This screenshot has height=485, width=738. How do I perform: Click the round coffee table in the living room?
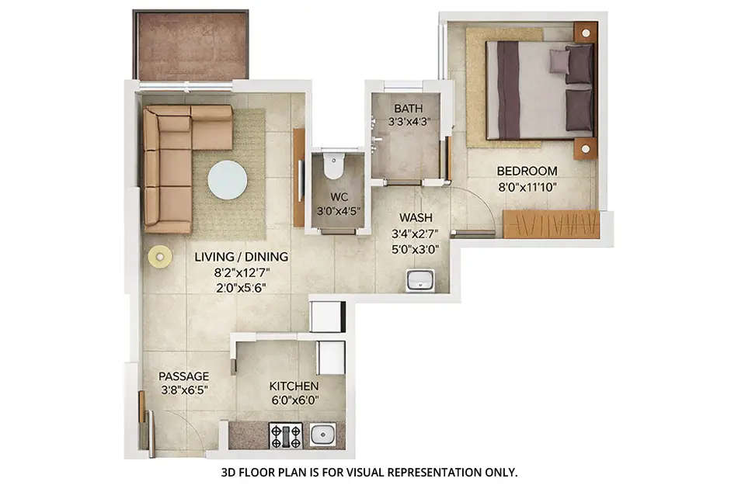point(228,180)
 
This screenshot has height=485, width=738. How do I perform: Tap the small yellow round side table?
point(160,257)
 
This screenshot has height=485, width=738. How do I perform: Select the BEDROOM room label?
point(527,171)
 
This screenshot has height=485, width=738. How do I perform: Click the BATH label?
point(407,108)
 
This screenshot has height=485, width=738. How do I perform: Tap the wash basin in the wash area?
point(420,280)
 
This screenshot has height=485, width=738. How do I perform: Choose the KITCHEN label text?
point(294,386)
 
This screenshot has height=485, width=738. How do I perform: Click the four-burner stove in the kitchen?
point(285,435)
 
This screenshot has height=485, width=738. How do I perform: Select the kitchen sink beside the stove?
point(323,435)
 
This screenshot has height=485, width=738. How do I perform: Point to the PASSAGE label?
point(183,376)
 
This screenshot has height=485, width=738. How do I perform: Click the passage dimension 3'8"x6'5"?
point(183,390)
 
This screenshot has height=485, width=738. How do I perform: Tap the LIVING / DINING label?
point(240,257)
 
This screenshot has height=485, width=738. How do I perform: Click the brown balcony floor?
point(190,45)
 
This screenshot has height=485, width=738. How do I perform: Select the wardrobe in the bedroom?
point(551,223)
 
